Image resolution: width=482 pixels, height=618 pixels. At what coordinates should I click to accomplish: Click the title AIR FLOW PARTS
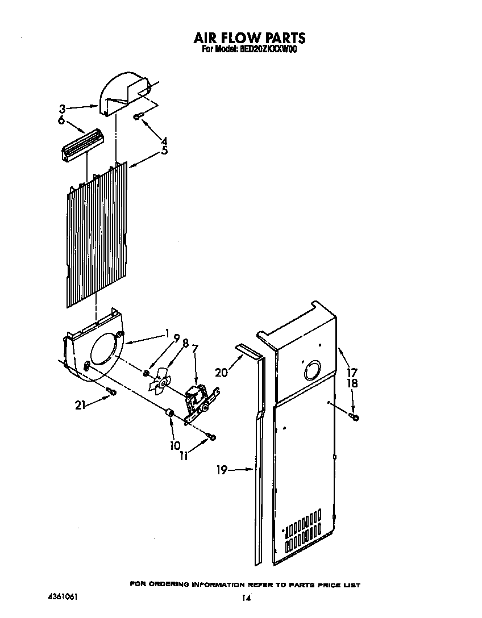pyautogui.click(x=250, y=38)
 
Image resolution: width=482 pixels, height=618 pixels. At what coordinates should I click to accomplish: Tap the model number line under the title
pyautogui.click(x=250, y=49)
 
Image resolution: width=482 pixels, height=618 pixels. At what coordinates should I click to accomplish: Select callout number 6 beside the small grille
pyautogui.click(x=61, y=120)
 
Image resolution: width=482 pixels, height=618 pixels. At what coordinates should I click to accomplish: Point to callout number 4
pyautogui.click(x=164, y=141)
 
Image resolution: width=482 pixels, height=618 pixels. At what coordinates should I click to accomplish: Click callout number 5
pyautogui.click(x=164, y=151)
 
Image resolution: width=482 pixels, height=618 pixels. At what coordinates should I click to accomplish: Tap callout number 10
pyautogui.click(x=174, y=445)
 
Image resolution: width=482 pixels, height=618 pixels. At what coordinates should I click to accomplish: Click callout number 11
pyautogui.click(x=184, y=455)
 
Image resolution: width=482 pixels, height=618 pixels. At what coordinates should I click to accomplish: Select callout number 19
pyautogui.click(x=222, y=470)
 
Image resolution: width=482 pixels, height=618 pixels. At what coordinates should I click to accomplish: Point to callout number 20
pyautogui.click(x=222, y=372)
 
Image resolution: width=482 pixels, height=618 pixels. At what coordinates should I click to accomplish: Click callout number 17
pyautogui.click(x=352, y=373)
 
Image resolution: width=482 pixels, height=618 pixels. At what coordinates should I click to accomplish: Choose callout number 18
pyautogui.click(x=352, y=383)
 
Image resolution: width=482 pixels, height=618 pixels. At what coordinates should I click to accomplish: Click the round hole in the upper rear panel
pyautogui.click(x=311, y=371)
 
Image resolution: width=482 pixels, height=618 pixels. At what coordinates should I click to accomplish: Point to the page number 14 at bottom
pyautogui.click(x=246, y=598)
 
